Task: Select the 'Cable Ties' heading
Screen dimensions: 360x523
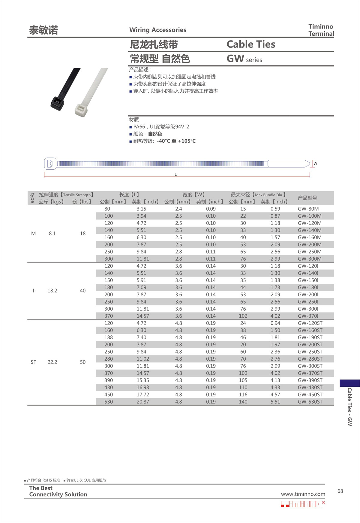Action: [251, 44]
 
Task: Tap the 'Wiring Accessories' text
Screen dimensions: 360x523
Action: [158, 30]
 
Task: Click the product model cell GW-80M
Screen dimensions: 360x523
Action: [308, 209]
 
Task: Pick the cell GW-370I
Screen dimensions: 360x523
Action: [308, 316]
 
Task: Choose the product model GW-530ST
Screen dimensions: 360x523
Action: [310, 402]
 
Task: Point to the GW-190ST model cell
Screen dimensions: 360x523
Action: [310, 337]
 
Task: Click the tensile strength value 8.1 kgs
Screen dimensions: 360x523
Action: [52, 233]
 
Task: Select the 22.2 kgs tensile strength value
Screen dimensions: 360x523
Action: [52, 362]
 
